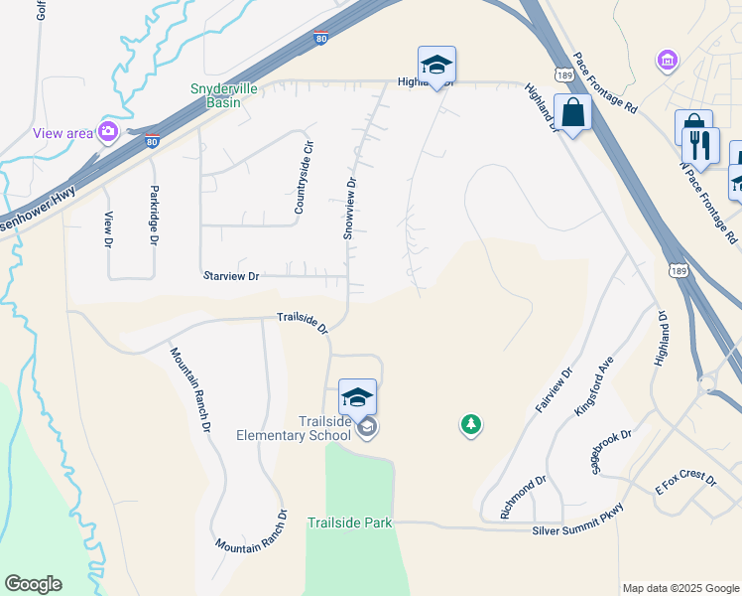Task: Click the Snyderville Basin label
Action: pyautogui.click(x=223, y=95)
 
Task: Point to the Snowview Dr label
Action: pyautogui.click(x=349, y=209)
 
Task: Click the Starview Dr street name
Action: pyautogui.click(x=230, y=276)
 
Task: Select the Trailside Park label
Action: pyautogui.click(x=350, y=522)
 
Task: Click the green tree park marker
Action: pyautogui.click(x=471, y=425)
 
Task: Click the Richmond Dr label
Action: pyautogui.click(x=523, y=497)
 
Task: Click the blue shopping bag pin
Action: pyautogui.click(x=572, y=112)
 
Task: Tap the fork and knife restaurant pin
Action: pyautogui.click(x=700, y=145)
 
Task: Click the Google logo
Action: pyautogui.click(x=33, y=584)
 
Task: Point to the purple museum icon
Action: pyautogui.click(x=668, y=62)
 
